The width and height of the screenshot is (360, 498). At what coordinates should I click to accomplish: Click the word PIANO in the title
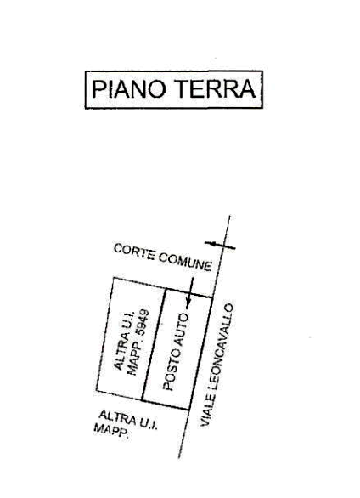129,88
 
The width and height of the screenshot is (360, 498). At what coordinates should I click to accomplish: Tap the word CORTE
134,252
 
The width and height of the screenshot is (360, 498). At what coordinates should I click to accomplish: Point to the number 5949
142,323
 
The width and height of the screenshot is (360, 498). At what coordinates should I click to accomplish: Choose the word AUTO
180,330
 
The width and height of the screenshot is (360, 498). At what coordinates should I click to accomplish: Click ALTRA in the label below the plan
117,418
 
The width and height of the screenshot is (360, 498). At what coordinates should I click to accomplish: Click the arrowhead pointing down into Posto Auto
188,305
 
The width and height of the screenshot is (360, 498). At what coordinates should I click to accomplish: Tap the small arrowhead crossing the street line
213,244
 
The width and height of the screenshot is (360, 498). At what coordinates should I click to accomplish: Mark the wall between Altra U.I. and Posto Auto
154,344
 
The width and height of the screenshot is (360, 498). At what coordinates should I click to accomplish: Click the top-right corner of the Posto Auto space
212,297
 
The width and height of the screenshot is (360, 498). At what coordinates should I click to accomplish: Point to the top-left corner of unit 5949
114,278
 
